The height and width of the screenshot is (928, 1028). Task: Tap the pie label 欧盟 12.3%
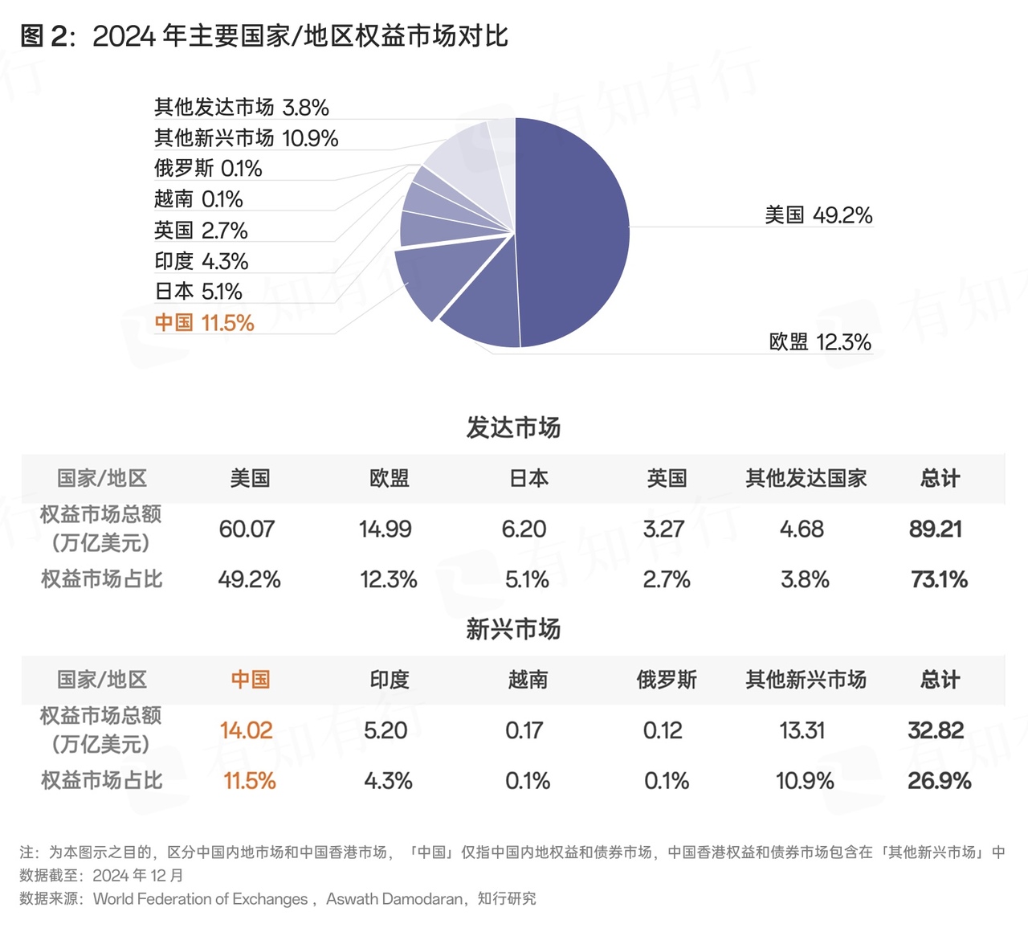tap(820, 342)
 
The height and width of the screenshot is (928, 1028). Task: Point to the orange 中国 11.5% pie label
tap(204, 323)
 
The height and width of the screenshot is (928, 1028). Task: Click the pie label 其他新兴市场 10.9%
tap(246, 138)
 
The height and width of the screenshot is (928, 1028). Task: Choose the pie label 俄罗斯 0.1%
tap(208, 169)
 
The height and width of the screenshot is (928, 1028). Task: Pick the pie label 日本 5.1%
tap(198, 292)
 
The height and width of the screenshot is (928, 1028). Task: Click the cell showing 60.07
tap(247, 529)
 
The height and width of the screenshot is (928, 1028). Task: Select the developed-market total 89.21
tap(936, 529)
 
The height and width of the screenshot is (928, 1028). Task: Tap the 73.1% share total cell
tap(939, 579)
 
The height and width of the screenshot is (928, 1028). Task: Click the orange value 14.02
tap(247, 730)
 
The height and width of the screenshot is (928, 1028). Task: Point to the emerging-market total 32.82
tap(936, 730)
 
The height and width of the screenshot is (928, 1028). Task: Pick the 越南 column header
tap(528, 680)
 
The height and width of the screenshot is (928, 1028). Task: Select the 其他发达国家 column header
tap(806, 479)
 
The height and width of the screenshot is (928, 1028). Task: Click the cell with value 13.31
tap(802, 730)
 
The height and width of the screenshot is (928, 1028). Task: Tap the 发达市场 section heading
tap(513, 427)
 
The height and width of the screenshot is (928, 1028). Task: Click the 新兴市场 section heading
tap(513, 629)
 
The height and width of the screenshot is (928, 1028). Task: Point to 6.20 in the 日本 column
tap(524, 529)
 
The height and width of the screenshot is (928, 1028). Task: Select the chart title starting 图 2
tap(264, 36)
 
